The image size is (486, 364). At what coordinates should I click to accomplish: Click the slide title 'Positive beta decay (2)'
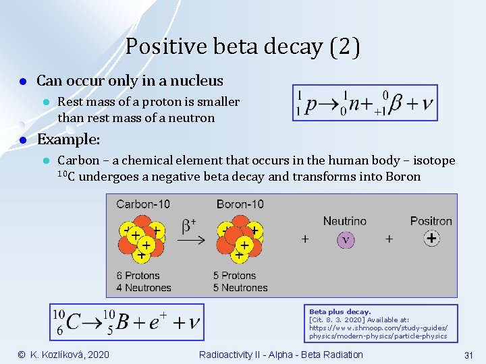[242, 47]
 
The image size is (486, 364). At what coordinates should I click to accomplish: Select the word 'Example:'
[68, 140]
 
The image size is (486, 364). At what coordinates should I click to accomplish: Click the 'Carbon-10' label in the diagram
[143, 204]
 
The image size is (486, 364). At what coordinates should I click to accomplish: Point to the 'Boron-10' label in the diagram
[240, 204]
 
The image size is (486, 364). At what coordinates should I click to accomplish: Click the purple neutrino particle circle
[346, 239]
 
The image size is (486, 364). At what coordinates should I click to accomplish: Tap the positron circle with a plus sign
[431, 238]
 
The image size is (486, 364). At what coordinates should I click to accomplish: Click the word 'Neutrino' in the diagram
[345, 220]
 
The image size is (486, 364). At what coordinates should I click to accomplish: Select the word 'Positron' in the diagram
[431, 220]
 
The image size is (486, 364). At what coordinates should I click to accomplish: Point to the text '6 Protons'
[138, 275]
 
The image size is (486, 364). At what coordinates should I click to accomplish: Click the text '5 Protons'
[234, 275]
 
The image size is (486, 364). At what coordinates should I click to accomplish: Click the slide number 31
[467, 355]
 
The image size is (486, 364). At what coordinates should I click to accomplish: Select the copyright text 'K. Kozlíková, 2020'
[70, 355]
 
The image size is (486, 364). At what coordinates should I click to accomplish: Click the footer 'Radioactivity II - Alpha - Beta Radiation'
[281, 355]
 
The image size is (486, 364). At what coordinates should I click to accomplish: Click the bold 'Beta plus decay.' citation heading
[340, 312]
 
